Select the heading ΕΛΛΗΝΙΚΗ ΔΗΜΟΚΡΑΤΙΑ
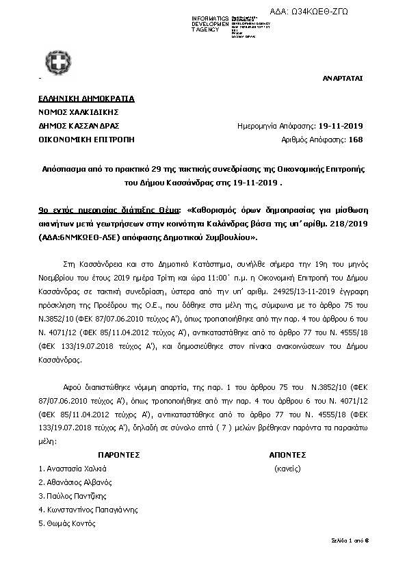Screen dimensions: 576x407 tap(87, 99)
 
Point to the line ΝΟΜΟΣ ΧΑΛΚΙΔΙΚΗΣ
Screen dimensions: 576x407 tap(79, 112)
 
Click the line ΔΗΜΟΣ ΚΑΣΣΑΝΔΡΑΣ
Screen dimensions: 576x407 tap(79, 126)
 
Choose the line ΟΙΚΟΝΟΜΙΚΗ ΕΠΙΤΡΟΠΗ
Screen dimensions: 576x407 tap(87, 140)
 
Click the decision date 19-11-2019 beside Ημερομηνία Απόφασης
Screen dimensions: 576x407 tap(341, 126)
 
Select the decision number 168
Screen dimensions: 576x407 tap(356, 140)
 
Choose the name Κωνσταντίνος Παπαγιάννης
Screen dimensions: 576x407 tap(88, 510)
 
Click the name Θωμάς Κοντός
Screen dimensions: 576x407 tap(67, 523)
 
